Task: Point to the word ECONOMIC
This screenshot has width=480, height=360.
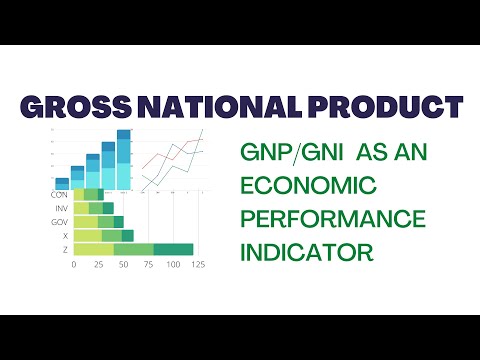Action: (308, 186)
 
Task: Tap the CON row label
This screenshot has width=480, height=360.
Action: (59, 194)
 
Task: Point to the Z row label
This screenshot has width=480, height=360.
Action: (64, 248)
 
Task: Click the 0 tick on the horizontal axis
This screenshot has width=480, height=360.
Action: (74, 266)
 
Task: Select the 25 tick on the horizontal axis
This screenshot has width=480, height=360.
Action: (99, 266)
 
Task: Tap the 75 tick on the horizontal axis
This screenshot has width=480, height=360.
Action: (148, 266)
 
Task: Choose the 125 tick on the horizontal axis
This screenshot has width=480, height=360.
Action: (198, 266)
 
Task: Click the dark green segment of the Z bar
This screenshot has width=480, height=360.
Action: (173, 248)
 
